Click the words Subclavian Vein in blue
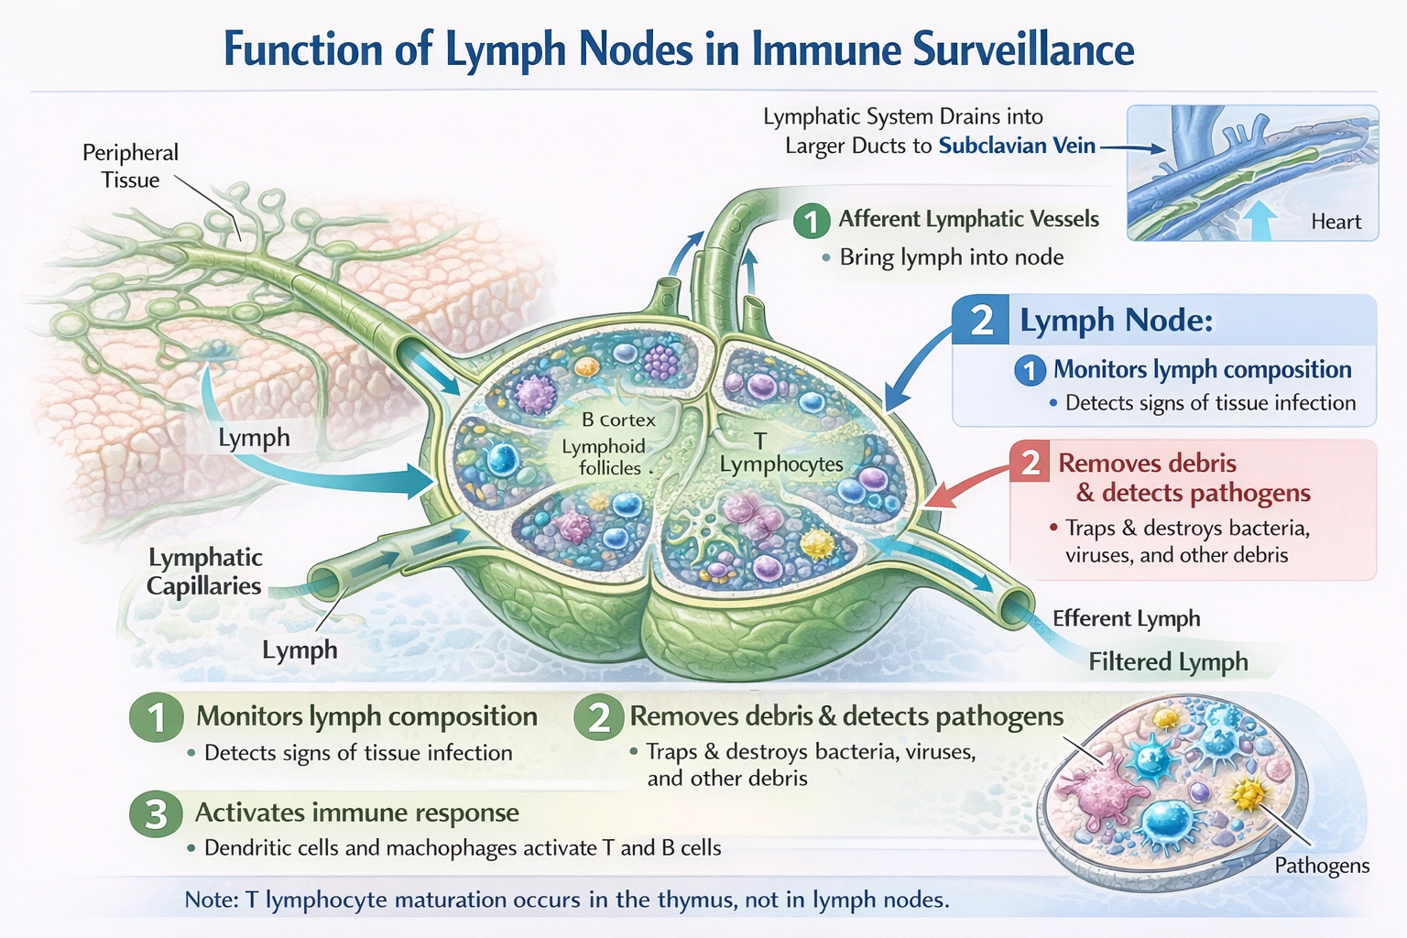coord(1017,146)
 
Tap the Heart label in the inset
coord(1336,222)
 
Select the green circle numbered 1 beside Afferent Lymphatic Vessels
coord(812,221)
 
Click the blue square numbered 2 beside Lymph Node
coord(981,320)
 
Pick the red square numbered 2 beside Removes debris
coord(1031,463)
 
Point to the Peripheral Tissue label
coord(130,166)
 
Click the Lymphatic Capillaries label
coord(204,572)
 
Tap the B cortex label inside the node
coord(618,420)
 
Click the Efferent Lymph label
coord(1126,618)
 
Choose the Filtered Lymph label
coord(1168,661)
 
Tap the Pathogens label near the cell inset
coord(1322,866)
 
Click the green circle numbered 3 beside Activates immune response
coord(157,813)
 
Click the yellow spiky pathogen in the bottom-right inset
coord(1248,793)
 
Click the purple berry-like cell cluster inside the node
coord(661,362)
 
